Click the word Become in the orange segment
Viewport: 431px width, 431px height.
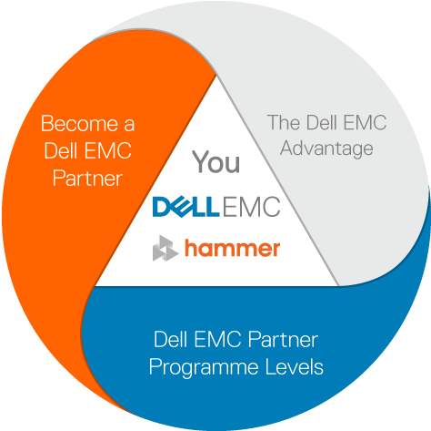coord(80,124)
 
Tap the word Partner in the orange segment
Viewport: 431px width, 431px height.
coord(87,178)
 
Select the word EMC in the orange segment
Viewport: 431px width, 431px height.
coord(107,150)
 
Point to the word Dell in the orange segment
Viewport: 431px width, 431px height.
coord(62,150)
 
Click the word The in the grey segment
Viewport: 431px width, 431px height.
coord(285,122)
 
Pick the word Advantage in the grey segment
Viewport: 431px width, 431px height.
coord(326,149)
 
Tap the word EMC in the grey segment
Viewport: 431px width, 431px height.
coord(365,122)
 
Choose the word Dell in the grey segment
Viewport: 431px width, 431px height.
coord(322,122)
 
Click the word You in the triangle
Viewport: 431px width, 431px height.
coord(216,162)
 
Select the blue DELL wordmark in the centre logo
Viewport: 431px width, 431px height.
coord(185,207)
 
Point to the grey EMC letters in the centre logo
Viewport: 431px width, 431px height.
coord(251,207)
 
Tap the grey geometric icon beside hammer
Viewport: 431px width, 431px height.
coord(165,248)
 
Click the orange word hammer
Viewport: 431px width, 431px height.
coord(233,249)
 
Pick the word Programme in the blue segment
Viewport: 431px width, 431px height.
coord(204,368)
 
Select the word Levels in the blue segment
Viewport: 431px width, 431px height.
coord(294,366)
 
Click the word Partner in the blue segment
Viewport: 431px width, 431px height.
coord(283,339)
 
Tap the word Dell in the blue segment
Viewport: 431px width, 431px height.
coord(171,339)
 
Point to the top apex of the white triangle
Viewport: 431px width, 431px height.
coord(216,75)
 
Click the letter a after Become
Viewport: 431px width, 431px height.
coord(129,125)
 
